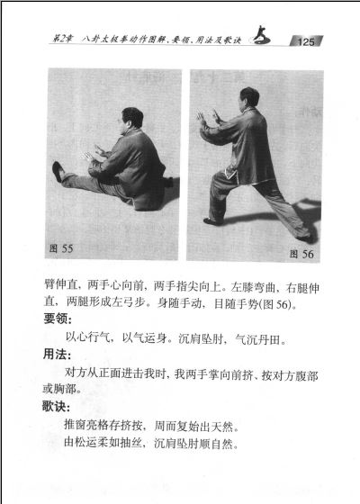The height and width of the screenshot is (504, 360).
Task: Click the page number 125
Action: pyautogui.click(x=305, y=41)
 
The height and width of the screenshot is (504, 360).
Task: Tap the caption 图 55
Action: pyautogui.click(x=61, y=248)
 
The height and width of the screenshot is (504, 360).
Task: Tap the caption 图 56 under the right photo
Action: pyautogui.click(x=301, y=254)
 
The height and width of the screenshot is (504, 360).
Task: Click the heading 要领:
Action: pyautogui.click(x=58, y=319)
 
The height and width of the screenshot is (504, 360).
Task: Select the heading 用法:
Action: pyautogui.click(x=57, y=355)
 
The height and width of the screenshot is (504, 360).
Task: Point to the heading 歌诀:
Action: pyautogui.click(x=56, y=407)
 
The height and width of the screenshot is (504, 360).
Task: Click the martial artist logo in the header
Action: pyautogui.click(x=262, y=36)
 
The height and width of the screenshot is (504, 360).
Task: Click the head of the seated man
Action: pyautogui.click(x=131, y=118)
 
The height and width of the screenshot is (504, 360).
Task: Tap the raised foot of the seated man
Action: pyautogui.click(x=58, y=171)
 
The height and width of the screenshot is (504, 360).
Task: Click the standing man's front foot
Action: pyautogui.click(x=212, y=221)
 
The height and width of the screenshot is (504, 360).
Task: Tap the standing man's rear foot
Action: pyautogui.click(x=305, y=238)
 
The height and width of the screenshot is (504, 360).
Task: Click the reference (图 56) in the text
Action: pyautogui.click(x=276, y=304)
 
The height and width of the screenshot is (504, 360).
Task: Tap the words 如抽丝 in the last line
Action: pyautogui.click(x=125, y=443)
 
